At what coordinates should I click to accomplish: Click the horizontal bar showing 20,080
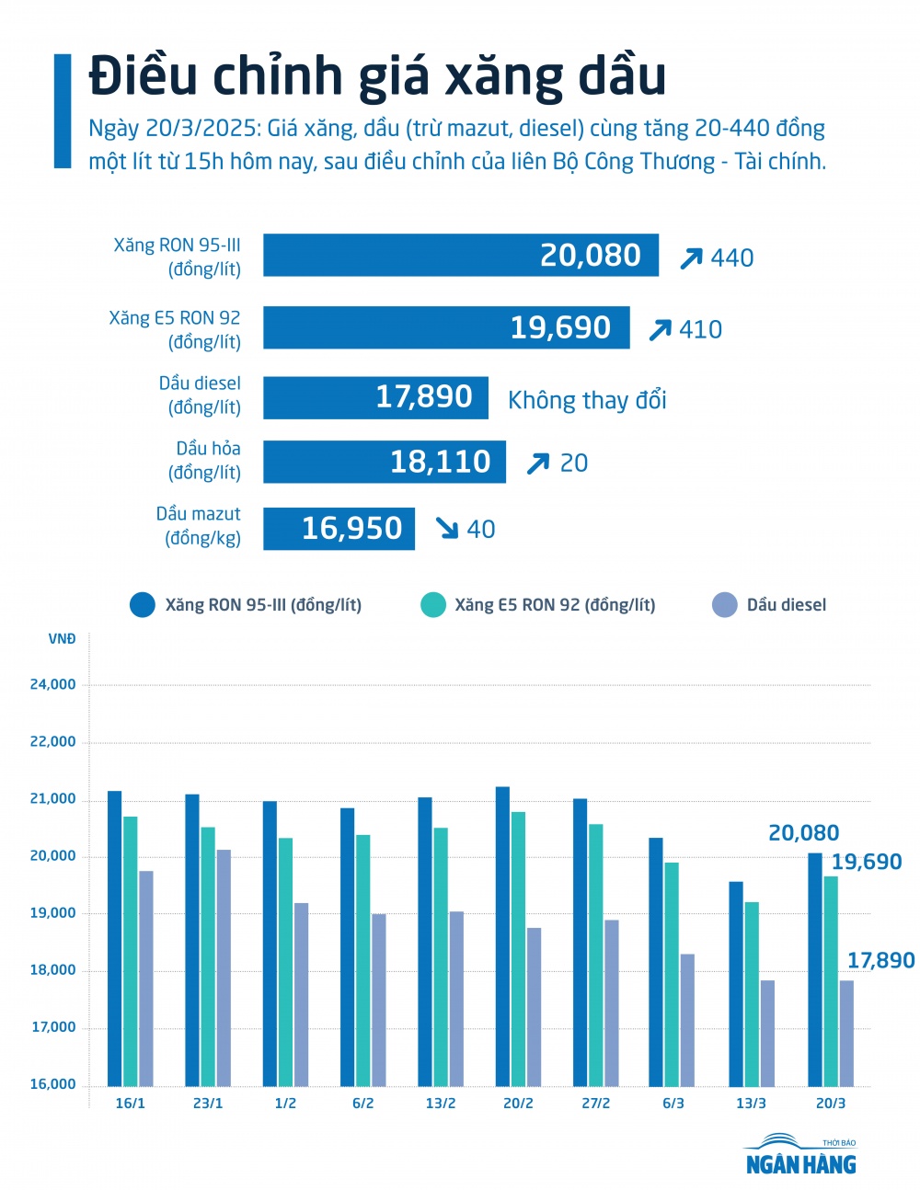(460, 255)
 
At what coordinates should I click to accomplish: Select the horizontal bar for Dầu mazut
(339, 529)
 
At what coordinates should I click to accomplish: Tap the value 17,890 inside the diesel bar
(424, 396)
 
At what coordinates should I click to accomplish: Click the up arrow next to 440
(691, 258)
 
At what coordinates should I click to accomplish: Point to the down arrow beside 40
(447, 528)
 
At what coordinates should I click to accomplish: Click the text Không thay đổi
(587, 400)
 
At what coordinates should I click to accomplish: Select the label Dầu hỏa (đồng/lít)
(205, 461)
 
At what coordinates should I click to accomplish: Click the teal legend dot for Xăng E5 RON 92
(432, 605)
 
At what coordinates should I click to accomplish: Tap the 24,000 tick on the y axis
(52, 684)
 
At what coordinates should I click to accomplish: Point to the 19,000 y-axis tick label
(52, 913)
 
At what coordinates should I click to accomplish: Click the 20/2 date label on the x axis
(518, 1103)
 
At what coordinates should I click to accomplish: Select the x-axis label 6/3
(673, 1103)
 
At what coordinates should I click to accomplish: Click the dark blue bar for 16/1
(114, 938)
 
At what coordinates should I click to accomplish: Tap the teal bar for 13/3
(752, 993)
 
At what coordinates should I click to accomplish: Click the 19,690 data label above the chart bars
(867, 862)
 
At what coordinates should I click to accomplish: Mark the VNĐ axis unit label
(62, 639)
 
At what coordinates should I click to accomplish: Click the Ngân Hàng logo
(800, 1156)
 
